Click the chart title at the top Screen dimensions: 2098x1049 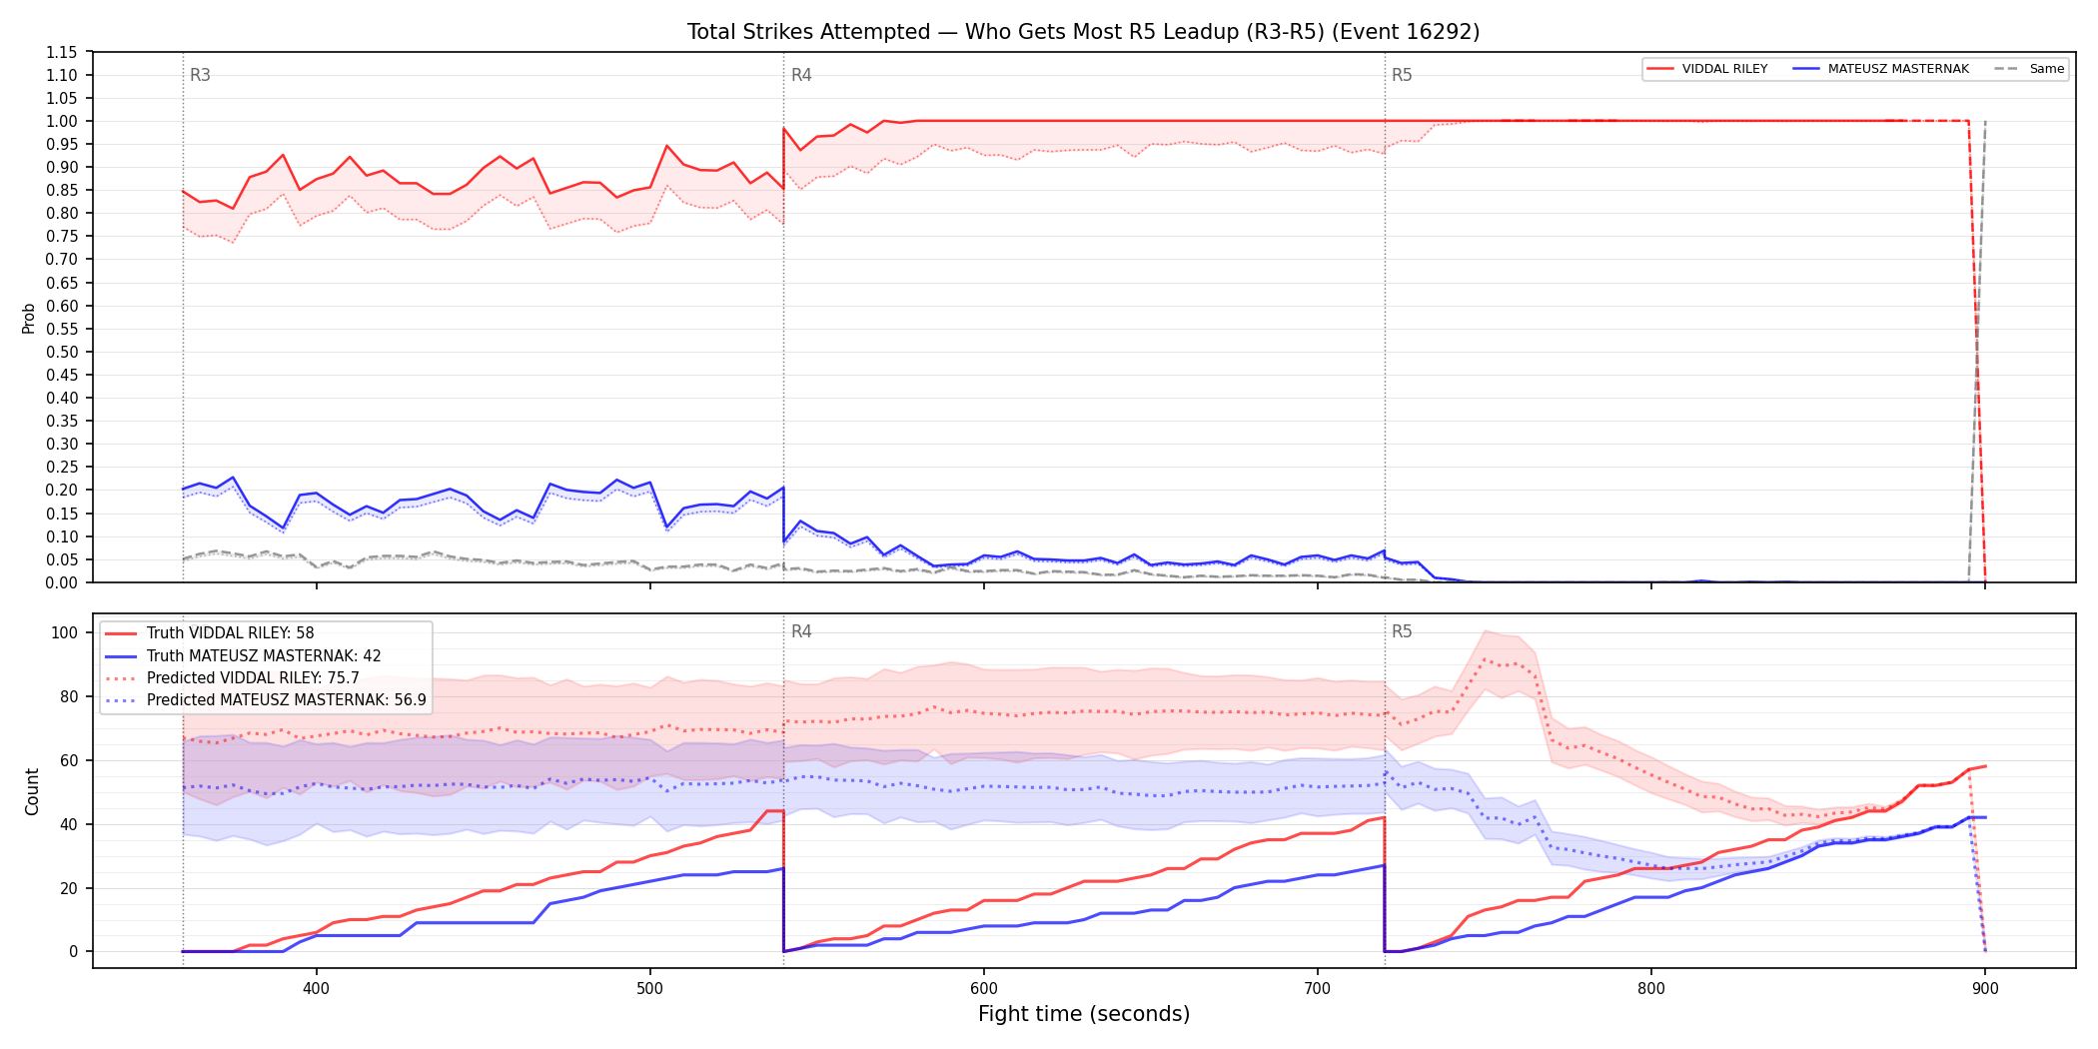coord(1083,32)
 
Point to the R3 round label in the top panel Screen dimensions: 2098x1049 coord(200,75)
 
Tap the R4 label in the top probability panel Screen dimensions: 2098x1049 coord(801,75)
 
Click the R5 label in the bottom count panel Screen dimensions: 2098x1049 coord(1402,631)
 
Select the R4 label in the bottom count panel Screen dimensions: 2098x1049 coord(801,631)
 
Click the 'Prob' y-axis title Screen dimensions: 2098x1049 coord(29,318)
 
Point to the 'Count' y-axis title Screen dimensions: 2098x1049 coord(32,791)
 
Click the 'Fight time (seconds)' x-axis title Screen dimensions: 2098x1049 coord(1084,1014)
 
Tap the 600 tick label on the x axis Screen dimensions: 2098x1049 coord(984,989)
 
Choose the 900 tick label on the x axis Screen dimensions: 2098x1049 coord(1985,989)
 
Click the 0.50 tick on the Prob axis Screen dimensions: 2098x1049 coord(62,352)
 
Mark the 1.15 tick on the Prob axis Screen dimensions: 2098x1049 coord(62,52)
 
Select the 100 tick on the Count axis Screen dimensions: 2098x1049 coord(65,632)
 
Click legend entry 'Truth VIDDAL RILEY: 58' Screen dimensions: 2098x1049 coord(230,633)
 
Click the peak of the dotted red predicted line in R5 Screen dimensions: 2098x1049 coord(1485,659)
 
